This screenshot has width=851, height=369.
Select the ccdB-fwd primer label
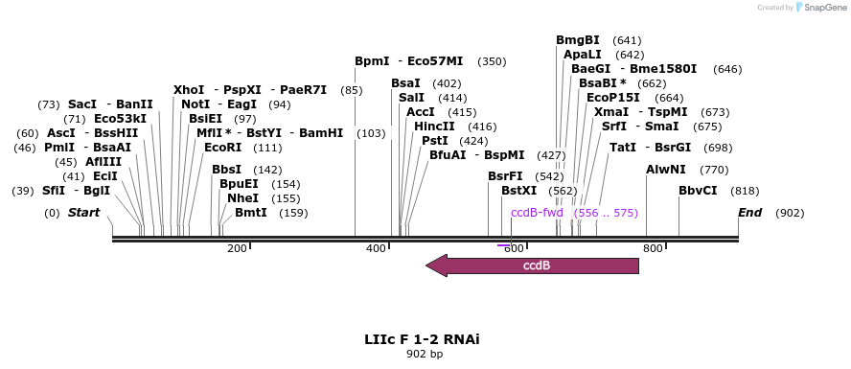pyautogui.click(x=537, y=213)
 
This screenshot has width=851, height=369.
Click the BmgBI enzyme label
pyautogui.click(x=578, y=40)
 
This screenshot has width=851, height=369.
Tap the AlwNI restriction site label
pyautogui.click(x=665, y=170)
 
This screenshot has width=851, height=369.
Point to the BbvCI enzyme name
pyautogui.click(x=698, y=191)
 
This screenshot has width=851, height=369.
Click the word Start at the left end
pyautogui.click(x=83, y=212)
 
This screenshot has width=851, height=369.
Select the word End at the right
pyautogui.click(x=749, y=212)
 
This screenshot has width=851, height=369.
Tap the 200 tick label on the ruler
pyautogui.click(x=237, y=249)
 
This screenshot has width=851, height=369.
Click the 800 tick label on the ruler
pyautogui.click(x=653, y=249)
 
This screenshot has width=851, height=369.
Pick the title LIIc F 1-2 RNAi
pyautogui.click(x=422, y=339)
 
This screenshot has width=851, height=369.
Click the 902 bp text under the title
pyautogui.click(x=425, y=355)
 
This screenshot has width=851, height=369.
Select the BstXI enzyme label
pyautogui.click(x=519, y=191)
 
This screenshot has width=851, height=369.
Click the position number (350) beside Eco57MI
pyautogui.click(x=492, y=61)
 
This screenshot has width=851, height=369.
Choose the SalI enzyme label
pyautogui.click(x=411, y=98)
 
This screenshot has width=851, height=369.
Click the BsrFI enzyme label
pyautogui.click(x=505, y=176)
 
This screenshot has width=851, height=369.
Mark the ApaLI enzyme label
pyautogui.click(x=583, y=55)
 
